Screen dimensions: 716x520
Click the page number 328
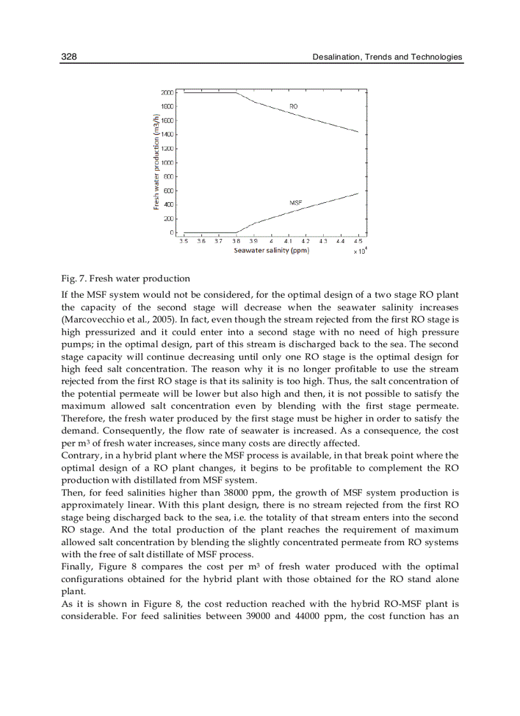[x=69, y=57]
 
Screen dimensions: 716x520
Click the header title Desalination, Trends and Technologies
[x=387, y=57]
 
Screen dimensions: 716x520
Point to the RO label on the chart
[x=293, y=106]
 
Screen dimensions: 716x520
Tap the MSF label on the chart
[x=296, y=202]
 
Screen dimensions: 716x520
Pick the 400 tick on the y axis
[x=169, y=205]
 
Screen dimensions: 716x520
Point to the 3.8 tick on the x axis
[x=236, y=241]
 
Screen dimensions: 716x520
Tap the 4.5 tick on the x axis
[x=358, y=241]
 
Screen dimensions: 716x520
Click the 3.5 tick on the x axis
[x=184, y=241]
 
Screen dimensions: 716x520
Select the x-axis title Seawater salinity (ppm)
[x=271, y=251]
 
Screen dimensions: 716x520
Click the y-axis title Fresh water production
[x=156, y=162]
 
